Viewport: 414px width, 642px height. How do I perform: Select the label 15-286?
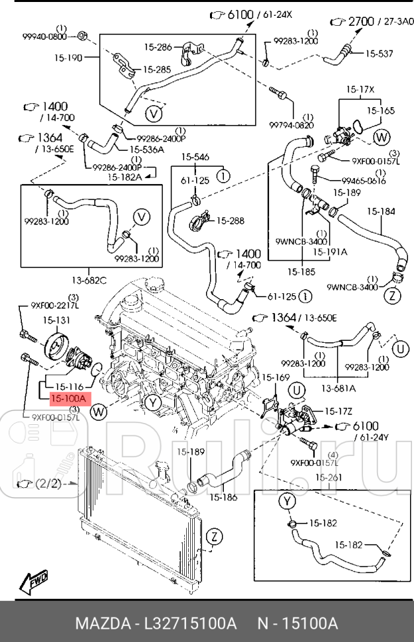(x=158, y=47)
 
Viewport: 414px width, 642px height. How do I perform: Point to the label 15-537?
(x=380, y=54)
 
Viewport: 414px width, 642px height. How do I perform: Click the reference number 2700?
(x=361, y=22)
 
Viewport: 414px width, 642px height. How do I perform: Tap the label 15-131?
(x=57, y=320)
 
